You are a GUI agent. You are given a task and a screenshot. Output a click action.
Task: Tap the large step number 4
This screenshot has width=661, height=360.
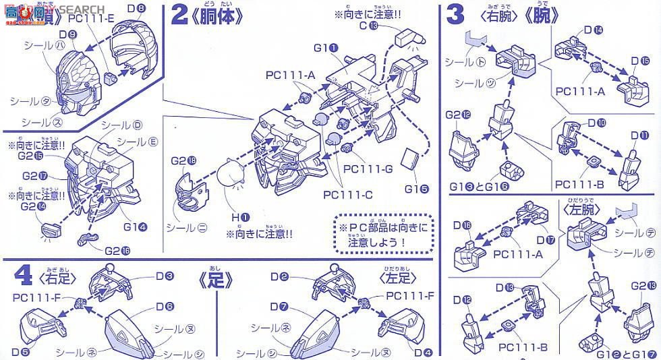pos(23,277)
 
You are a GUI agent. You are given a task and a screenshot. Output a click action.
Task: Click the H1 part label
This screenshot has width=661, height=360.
pos(241,217)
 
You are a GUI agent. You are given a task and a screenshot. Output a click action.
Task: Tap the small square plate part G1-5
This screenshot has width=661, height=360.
pos(407,158)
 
